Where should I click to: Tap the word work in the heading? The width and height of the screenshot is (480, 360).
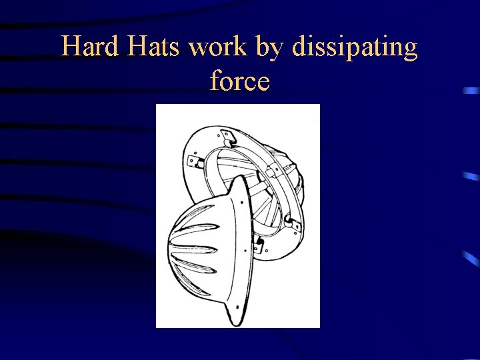click(223, 47)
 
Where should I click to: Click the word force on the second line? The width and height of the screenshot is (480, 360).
click(239, 81)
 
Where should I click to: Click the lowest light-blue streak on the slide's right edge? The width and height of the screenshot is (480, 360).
click(469, 257)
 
